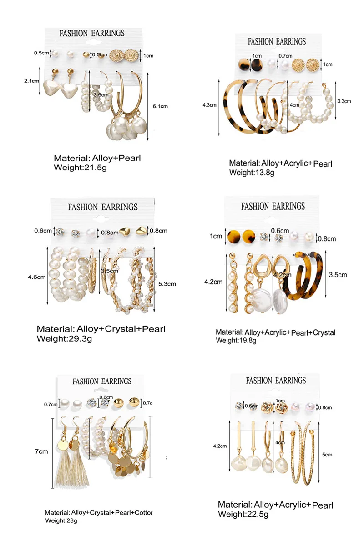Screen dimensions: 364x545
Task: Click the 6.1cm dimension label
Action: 160,106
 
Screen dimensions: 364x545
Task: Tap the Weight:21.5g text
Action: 80,168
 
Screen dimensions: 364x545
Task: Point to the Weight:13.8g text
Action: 248,173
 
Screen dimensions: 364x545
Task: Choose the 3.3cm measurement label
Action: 345,101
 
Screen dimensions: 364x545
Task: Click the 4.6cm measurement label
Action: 36,275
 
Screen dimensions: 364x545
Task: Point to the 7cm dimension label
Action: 41,451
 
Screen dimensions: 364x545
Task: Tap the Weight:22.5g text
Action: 243,514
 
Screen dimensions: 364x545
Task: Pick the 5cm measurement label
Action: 327,454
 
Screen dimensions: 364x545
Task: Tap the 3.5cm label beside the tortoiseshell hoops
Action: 338,275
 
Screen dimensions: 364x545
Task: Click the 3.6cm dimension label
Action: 101,95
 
